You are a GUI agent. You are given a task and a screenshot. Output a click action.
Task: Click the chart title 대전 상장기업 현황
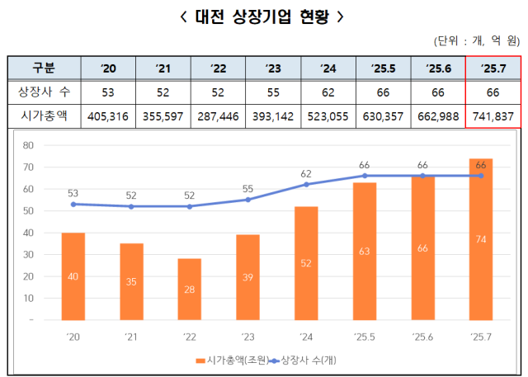coord(263,16)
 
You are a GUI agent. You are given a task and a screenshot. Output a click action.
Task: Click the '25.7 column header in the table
coord(493,67)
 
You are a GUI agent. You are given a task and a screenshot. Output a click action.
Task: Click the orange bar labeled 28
coord(189,289)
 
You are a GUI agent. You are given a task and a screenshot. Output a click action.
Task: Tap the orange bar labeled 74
coord(481,239)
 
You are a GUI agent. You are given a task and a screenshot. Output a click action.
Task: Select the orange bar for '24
coord(306,263)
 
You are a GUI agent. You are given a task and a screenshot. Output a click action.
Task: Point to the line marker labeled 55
coord(247,200)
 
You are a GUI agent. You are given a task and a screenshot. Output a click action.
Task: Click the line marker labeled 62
coord(306,184)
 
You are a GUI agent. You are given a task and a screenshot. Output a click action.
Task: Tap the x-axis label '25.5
coord(364,337)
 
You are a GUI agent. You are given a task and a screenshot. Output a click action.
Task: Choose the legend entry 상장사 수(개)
coord(305,360)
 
